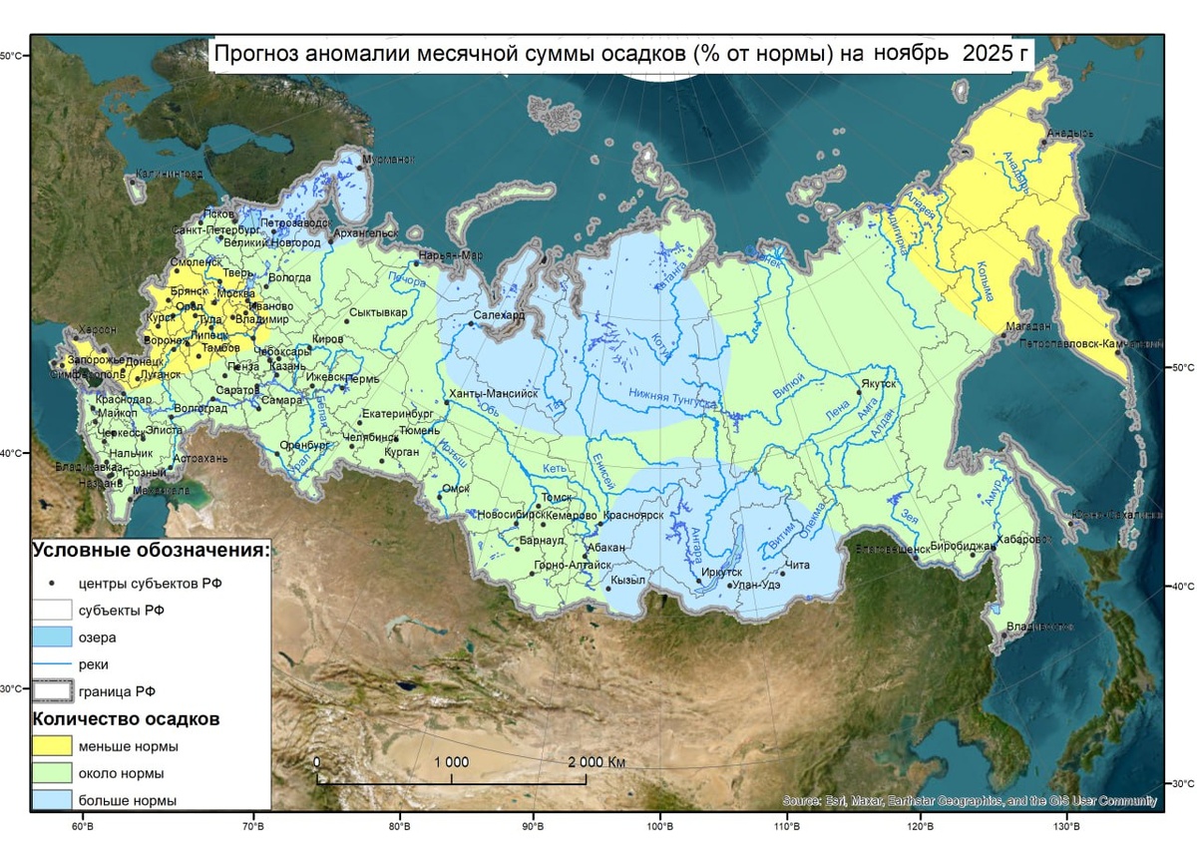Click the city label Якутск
tap(879, 383)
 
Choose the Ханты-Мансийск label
tap(494, 394)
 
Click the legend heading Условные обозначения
tap(151, 550)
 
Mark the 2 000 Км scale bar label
tap(597, 762)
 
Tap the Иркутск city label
tap(722, 573)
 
